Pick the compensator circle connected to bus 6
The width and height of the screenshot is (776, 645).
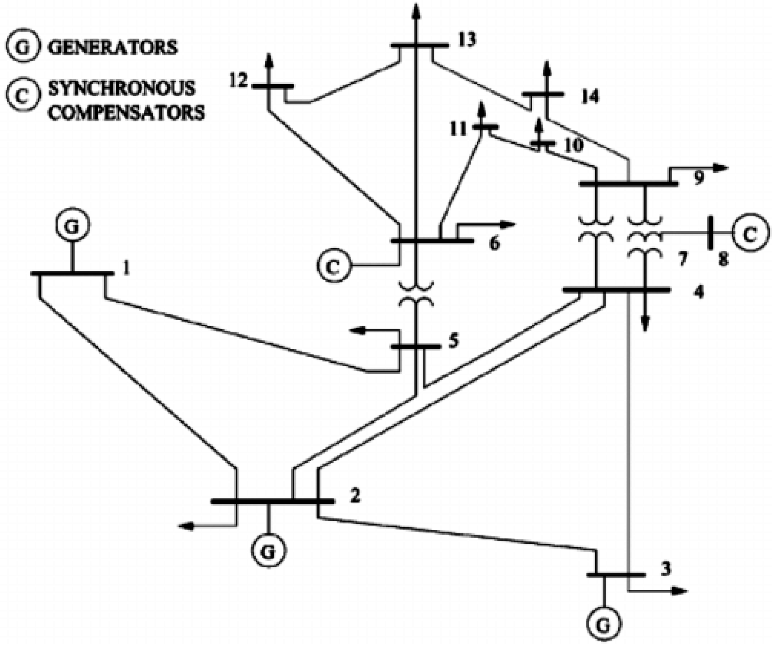pos(333,266)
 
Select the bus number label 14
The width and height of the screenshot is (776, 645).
pos(590,97)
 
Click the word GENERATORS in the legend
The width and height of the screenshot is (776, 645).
pos(113,47)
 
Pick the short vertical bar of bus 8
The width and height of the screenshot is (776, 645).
pos(709,233)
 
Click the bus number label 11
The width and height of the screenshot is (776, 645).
pos(459,130)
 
